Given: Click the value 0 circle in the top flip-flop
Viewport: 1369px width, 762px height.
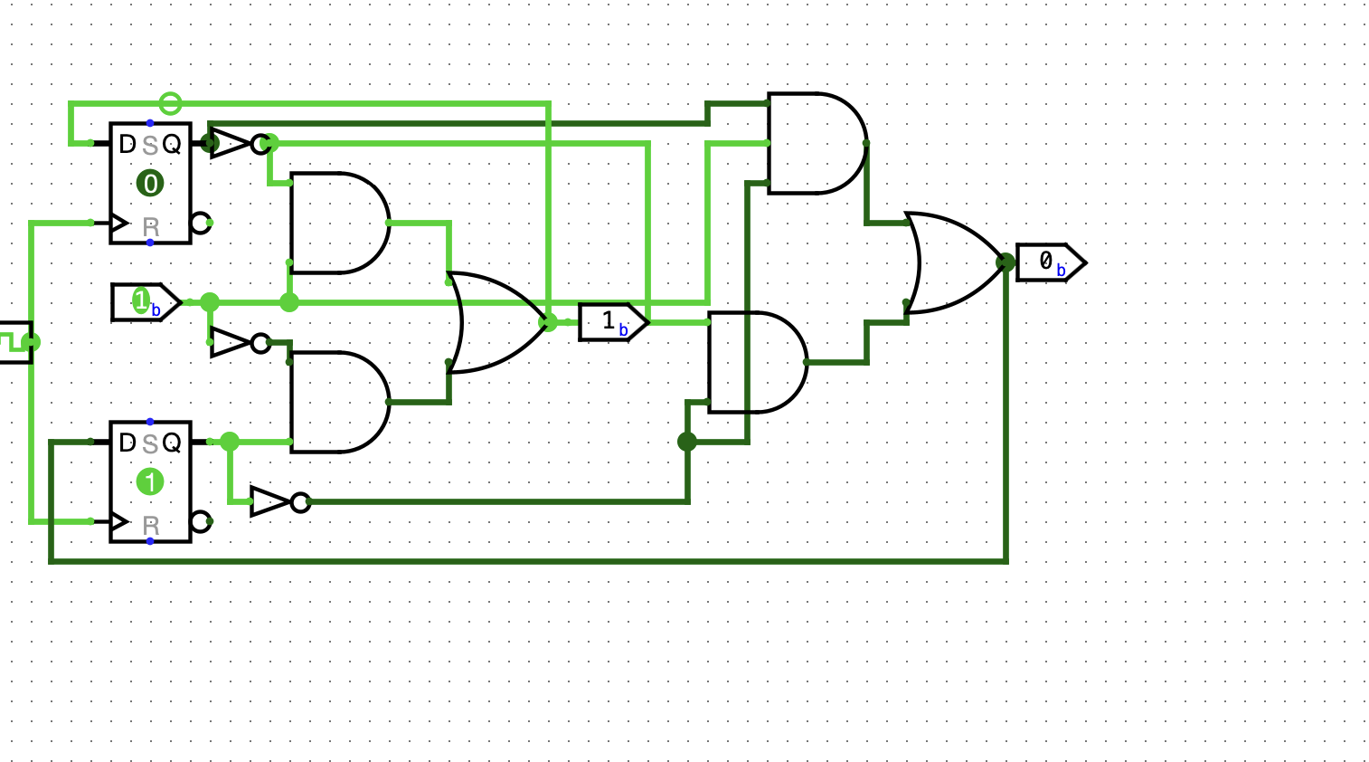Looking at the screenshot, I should click(150, 184).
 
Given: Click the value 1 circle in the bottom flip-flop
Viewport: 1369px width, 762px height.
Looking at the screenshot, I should click(150, 481).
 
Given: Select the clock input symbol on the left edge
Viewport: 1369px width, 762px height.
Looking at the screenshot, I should click(16, 342).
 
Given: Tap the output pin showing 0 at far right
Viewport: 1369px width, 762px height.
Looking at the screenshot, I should click(1049, 262).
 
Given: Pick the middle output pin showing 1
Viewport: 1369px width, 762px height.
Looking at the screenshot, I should click(612, 322).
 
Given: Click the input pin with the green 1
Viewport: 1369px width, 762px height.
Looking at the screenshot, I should click(144, 302).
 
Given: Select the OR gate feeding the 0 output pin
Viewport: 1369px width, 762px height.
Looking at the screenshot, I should click(949, 262).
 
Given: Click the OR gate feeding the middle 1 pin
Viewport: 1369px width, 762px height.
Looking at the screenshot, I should click(494, 322).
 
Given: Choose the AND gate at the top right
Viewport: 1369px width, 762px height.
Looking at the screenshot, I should click(814, 143).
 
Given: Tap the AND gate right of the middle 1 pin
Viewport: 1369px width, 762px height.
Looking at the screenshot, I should click(755, 362).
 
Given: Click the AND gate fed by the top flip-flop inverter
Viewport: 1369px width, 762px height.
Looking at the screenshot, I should click(337, 223).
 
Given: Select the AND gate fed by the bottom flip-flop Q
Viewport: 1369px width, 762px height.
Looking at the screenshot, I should click(337, 402).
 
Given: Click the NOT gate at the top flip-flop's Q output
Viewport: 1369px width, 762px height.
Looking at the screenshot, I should click(233, 143).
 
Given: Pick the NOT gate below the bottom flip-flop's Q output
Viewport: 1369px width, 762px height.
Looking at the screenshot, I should click(273, 501).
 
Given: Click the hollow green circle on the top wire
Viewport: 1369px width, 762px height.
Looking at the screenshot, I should click(170, 103).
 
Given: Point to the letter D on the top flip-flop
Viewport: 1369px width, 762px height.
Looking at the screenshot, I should click(127, 144).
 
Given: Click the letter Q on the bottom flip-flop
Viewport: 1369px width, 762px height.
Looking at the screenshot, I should click(172, 443).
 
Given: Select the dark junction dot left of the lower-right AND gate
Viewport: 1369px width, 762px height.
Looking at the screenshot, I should click(687, 442).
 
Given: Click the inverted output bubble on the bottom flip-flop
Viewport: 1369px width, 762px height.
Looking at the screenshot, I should click(200, 522).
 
